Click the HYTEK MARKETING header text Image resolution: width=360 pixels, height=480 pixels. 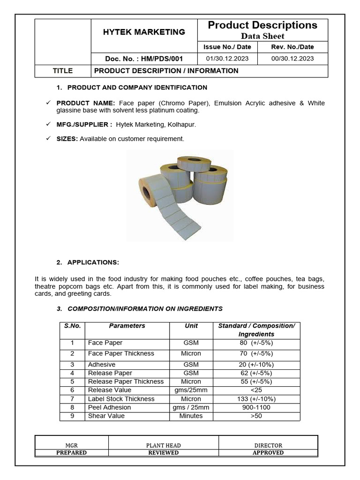144,32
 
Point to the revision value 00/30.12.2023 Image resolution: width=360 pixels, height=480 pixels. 292,59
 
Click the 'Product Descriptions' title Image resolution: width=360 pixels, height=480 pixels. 262,25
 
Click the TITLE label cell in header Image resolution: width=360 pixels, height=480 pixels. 63,71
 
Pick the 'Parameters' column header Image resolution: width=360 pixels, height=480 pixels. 127,326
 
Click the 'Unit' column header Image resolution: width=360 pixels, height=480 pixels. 191,326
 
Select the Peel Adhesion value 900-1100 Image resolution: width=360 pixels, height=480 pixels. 256,407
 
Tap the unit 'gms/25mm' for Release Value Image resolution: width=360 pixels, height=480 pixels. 191,390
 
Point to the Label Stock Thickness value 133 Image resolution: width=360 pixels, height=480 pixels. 256,399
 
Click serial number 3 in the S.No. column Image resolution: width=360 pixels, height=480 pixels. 72,364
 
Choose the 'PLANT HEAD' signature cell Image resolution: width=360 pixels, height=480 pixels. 163,445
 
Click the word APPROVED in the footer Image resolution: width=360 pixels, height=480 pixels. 268,453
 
